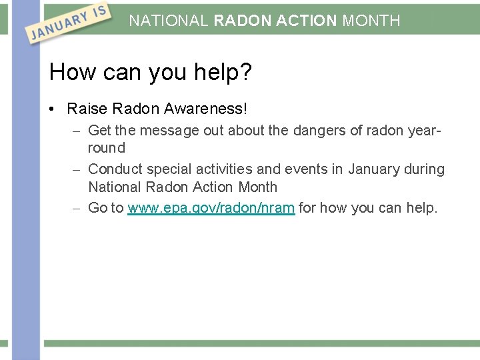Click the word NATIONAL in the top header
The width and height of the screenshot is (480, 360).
[x=169, y=21]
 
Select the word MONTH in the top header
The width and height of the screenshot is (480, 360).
[x=371, y=21]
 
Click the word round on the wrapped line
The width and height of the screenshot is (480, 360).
[x=107, y=148]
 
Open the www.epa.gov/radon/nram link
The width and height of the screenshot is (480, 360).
[x=211, y=208]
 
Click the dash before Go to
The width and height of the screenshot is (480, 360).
[x=77, y=209]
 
